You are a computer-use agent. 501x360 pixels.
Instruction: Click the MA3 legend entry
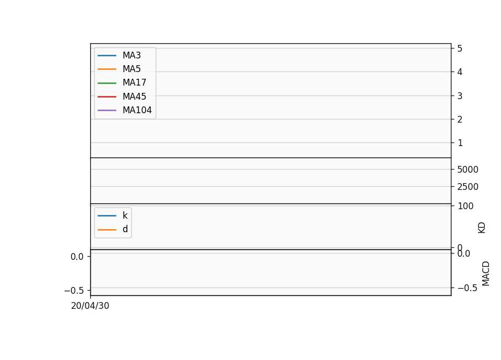132,55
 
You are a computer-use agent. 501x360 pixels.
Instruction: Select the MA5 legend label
132,69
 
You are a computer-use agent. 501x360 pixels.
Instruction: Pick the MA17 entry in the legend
135,83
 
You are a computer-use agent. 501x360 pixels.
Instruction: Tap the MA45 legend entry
135,97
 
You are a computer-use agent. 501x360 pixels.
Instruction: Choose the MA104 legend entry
137,110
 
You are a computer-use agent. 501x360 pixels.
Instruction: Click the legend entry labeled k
125,215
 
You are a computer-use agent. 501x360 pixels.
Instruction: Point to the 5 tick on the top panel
460,49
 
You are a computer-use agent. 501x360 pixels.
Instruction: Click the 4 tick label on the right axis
460,72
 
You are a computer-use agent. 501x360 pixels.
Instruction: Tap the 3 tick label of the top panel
460,96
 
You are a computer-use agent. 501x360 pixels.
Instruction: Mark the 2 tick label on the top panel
460,119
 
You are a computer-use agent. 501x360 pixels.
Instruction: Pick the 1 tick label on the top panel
460,143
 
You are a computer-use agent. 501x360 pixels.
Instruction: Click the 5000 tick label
468,170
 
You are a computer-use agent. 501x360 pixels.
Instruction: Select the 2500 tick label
468,187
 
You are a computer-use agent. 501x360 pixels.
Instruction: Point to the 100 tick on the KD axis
465,206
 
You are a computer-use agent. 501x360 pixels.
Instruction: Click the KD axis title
482,228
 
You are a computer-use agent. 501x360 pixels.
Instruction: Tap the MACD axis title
486,273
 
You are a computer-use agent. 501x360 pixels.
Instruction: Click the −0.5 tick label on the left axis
74,291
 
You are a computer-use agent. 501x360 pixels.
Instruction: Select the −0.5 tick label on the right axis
468,288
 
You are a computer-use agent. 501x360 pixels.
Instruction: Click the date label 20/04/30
90,306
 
